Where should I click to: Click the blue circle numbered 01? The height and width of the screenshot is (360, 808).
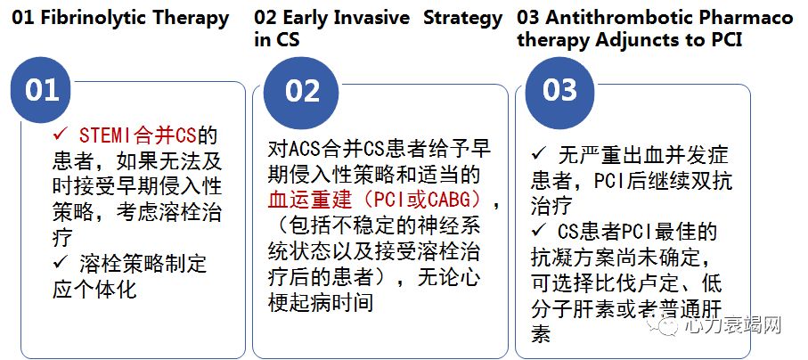tap(42, 90)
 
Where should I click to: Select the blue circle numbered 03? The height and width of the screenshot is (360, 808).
tap(560, 91)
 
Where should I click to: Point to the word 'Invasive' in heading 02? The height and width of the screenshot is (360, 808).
tap(371, 18)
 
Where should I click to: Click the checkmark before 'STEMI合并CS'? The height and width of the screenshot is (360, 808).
tap(61, 136)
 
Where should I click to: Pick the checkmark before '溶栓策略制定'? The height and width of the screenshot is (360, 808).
tap(61, 265)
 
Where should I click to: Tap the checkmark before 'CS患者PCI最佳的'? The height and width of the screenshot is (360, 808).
tap(538, 233)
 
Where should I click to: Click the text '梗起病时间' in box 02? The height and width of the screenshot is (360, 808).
tap(322, 302)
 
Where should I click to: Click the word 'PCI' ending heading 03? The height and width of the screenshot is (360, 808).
tap(724, 39)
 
